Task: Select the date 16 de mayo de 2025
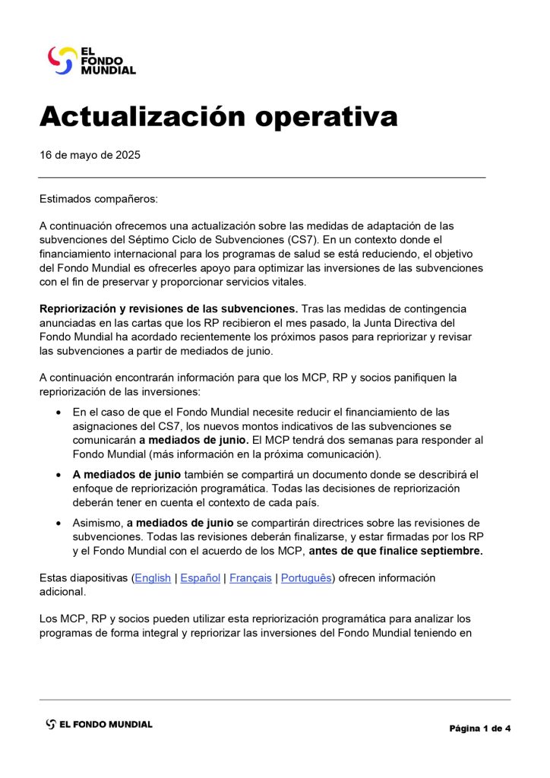pos(90,155)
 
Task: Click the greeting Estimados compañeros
pos(99,199)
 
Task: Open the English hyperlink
pos(153,578)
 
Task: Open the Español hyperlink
pos(201,578)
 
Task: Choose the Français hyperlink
pos(251,578)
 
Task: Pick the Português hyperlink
pos(306,578)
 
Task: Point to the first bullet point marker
pos(59,413)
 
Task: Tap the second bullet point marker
pos(59,475)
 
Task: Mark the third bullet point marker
pos(59,523)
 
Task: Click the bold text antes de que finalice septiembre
pos(395,551)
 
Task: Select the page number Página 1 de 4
pos(479,729)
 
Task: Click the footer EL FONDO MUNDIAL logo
pos(99,724)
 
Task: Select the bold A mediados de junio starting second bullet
pos(126,475)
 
